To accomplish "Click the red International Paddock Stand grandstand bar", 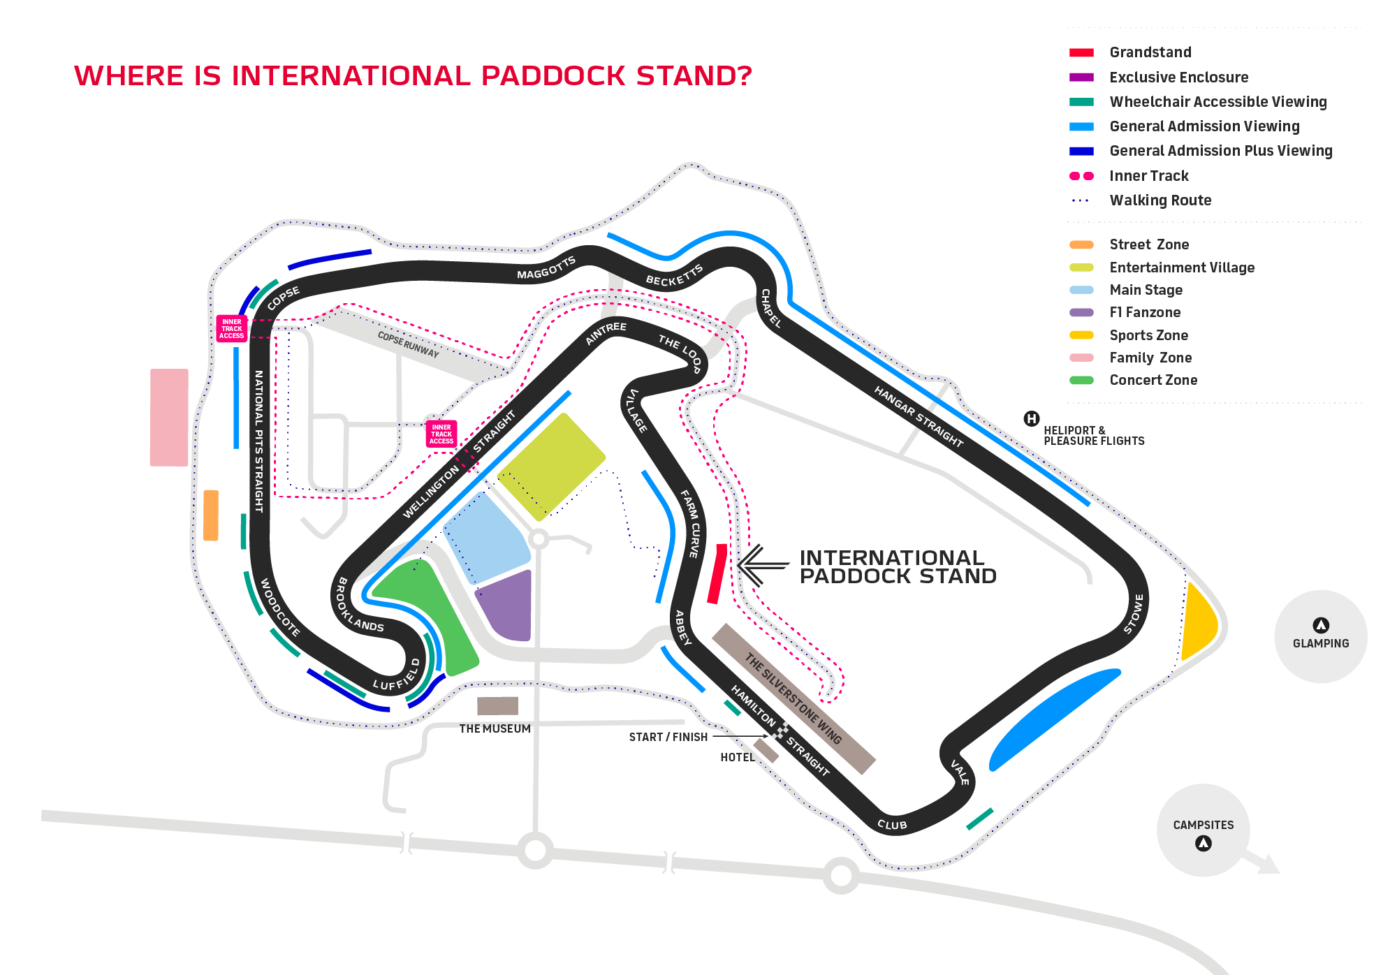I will [717, 574].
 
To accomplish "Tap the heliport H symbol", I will [1031, 419].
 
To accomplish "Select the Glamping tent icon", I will [1320, 625].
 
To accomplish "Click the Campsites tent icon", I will [1203, 844].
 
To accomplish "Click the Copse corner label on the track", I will [283, 298].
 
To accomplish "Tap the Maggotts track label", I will [546, 267].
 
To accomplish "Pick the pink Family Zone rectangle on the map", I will [169, 417].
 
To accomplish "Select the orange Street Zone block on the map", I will [210, 515].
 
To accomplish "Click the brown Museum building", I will [497, 706].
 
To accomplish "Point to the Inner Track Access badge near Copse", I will [231, 329].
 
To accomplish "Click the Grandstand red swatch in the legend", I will [1081, 52].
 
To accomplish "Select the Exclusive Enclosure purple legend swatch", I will [1081, 78].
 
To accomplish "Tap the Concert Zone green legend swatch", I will [1081, 380].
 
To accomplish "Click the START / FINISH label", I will [668, 737].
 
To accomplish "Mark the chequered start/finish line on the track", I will [782, 731].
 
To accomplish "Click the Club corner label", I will [892, 825].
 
